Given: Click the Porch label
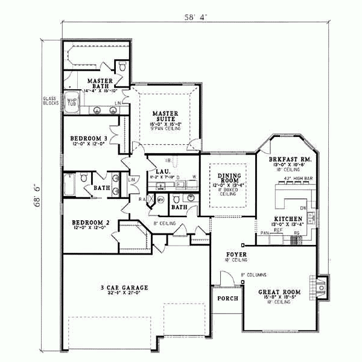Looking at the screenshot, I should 227,299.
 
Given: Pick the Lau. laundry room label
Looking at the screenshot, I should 162,172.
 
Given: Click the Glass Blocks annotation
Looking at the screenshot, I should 50,101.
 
